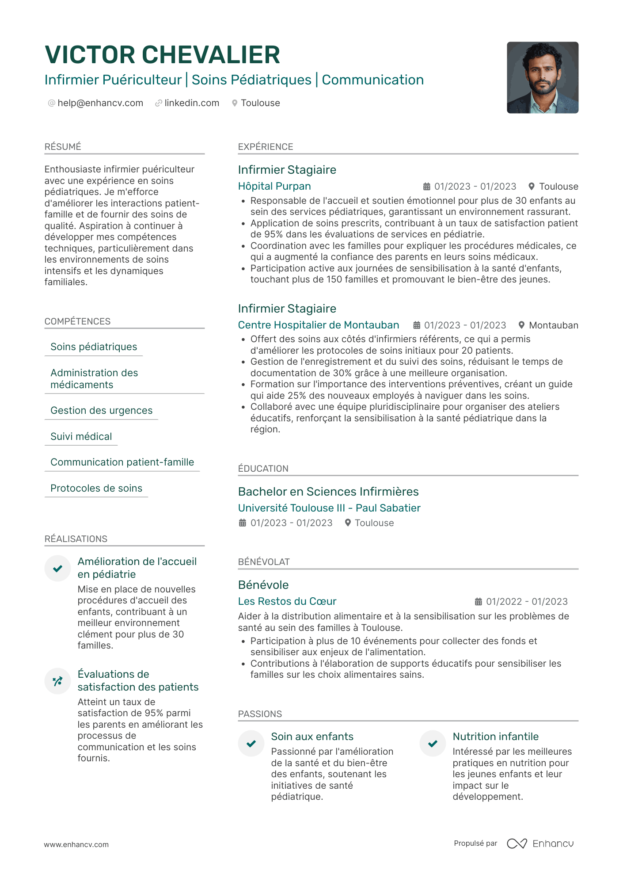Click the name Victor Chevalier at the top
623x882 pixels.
click(162, 55)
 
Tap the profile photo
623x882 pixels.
click(542, 77)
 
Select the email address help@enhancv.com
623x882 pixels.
click(100, 103)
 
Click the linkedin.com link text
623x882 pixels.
click(192, 103)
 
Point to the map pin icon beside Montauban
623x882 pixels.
click(521, 325)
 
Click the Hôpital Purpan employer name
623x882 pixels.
click(274, 186)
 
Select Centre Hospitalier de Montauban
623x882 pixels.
click(318, 325)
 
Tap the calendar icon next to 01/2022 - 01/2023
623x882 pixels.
click(478, 601)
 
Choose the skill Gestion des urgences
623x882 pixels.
click(101, 410)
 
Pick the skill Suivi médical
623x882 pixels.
click(81, 436)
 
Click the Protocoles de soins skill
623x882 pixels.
click(96, 488)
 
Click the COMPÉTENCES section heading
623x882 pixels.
click(77, 321)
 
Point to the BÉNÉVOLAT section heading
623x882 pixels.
click(264, 562)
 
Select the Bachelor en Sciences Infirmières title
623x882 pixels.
click(328, 492)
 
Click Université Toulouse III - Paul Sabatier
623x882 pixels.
click(329, 508)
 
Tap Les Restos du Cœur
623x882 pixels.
click(287, 601)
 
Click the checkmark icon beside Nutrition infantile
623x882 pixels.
click(433, 744)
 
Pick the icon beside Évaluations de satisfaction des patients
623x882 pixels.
click(57, 681)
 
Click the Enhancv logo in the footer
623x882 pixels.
click(540, 844)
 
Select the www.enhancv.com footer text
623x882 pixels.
click(76, 844)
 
